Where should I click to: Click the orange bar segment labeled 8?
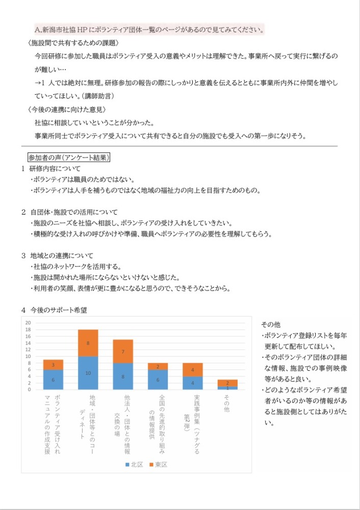88,343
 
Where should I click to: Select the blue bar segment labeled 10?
88,373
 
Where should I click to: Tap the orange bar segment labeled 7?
123,351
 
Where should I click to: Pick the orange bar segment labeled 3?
53,365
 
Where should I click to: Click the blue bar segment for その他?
227,388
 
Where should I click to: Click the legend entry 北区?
134,465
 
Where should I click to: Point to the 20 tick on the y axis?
28,323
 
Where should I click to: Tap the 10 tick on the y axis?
28,356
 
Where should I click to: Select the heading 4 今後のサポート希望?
57,310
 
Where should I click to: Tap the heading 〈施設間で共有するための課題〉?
74,42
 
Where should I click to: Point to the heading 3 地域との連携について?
57,255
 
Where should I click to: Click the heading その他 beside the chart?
271,324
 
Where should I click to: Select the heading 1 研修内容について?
51,168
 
